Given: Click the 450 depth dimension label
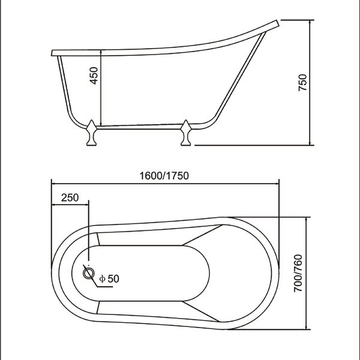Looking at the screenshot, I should click(x=92, y=77).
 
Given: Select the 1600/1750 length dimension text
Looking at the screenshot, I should click(x=164, y=176).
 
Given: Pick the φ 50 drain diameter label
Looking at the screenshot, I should click(x=110, y=278).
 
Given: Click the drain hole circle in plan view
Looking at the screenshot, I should click(x=89, y=274).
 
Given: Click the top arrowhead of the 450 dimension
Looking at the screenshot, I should click(x=101, y=54).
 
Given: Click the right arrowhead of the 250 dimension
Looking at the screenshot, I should click(x=88, y=206).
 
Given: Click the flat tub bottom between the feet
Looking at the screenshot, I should click(x=141, y=127).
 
